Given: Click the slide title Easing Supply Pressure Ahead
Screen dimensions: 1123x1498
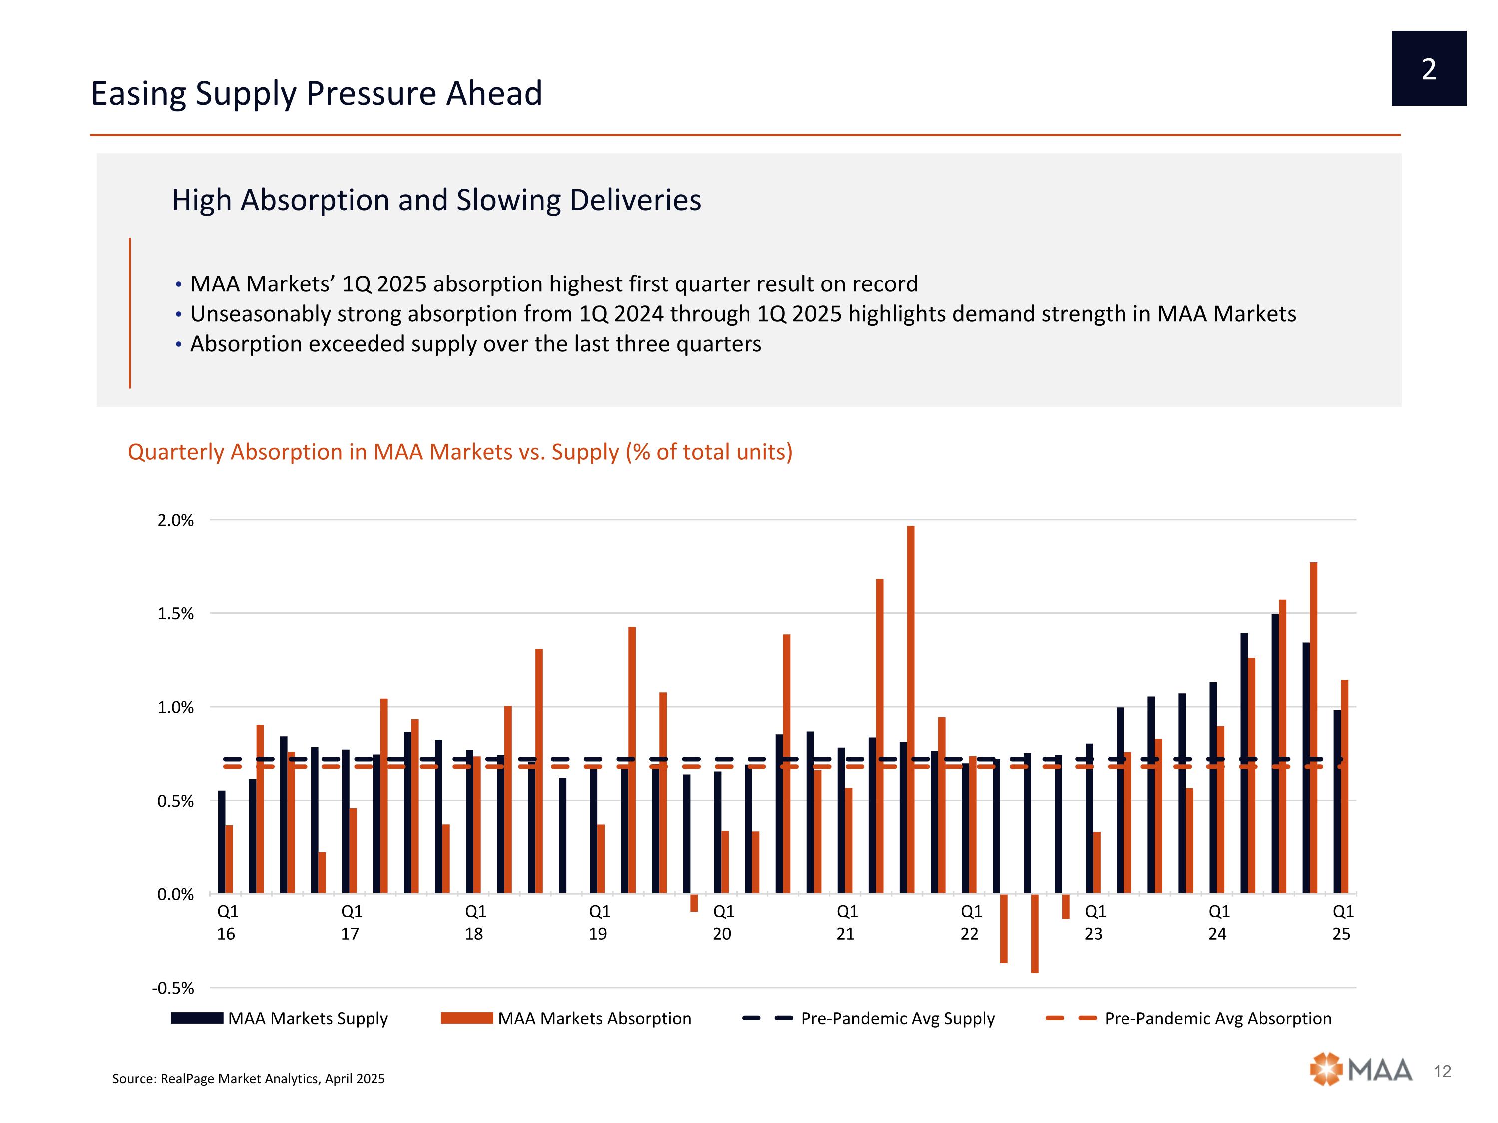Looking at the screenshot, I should (x=316, y=93).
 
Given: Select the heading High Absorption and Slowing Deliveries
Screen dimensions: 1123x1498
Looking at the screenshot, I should (x=436, y=200).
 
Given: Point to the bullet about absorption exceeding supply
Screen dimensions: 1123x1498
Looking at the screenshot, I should (x=475, y=344).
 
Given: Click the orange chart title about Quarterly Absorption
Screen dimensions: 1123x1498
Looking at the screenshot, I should (x=460, y=452).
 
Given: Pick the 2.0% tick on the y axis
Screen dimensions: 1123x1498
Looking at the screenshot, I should (x=175, y=521).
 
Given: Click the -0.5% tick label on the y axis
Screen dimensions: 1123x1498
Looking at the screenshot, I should (x=173, y=988).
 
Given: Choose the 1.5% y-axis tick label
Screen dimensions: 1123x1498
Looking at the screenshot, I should (x=175, y=614).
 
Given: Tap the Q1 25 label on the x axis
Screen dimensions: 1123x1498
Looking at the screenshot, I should (x=1342, y=923).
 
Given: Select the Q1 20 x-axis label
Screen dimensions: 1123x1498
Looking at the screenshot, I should (x=723, y=923).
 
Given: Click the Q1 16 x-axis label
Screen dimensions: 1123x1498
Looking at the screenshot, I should (x=227, y=923).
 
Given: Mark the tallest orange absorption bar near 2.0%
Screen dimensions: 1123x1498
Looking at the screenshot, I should (x=911, y=709).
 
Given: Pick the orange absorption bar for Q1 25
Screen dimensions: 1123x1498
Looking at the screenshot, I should (x=1345, y=787).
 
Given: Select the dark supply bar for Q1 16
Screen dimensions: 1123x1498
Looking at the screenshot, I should (x=221, y=842).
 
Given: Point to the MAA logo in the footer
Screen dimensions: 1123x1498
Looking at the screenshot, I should (x=1361, y=1070).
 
